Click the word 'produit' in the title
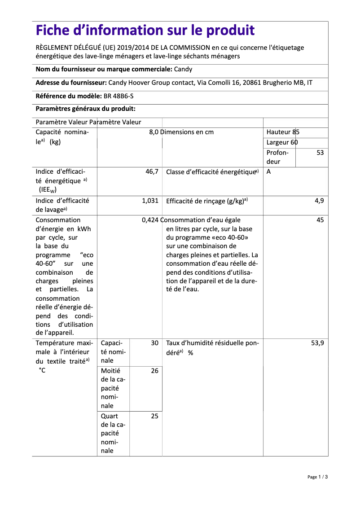230,31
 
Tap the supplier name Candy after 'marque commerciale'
183,69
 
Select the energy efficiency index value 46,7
152,172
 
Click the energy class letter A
268,172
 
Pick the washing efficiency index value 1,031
150,201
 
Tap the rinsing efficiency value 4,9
319,201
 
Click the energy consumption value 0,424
150,220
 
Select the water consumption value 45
320,220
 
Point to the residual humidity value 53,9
317,343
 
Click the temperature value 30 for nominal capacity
154,343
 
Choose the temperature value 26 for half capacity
154,371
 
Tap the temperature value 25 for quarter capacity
154,416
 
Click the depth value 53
320,153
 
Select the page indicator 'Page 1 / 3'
318,477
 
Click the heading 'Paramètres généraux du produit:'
85,109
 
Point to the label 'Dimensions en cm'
188,132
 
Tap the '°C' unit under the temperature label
42,370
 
